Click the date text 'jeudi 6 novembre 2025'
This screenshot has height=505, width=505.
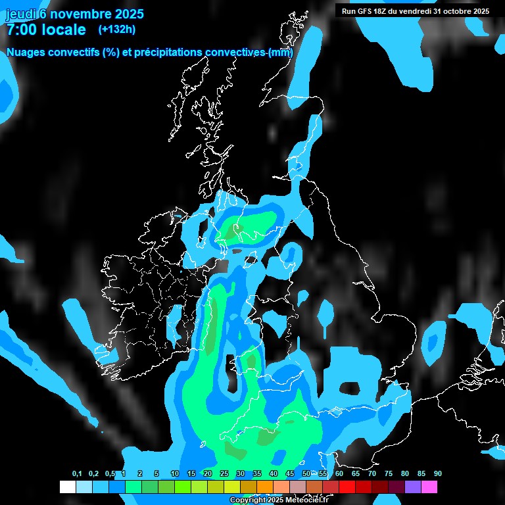pos(75,14)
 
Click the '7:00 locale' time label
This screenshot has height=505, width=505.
pos(46,30)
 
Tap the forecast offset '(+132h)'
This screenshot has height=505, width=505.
pos(116,29)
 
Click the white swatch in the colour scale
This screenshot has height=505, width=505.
pos(67,487)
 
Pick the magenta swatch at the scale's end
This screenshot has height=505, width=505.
pos(429,487)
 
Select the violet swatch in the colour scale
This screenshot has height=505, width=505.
pos(413,487)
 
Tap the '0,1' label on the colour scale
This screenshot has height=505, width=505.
pos(77,474)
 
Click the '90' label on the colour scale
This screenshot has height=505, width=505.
pos(438,474)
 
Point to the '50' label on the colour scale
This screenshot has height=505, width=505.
pos(306,474)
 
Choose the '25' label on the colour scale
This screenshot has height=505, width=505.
pos(224,474)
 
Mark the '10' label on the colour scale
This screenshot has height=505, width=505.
pos(175,474)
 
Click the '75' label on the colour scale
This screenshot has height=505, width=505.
pos(389,474)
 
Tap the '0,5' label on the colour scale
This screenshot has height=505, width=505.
pos(110,474)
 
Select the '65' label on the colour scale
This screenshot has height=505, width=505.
pos(356,474)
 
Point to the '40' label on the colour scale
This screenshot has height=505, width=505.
pos(274,474)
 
